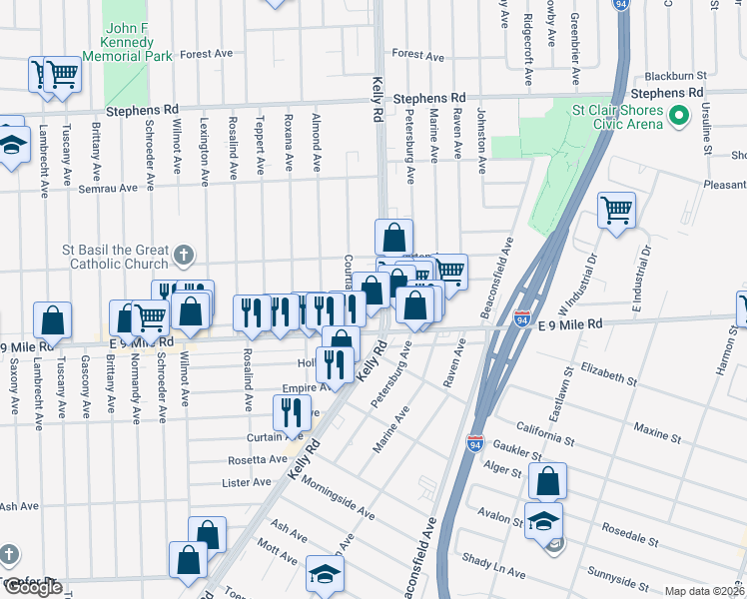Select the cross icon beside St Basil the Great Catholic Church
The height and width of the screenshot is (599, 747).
tap(183, 256)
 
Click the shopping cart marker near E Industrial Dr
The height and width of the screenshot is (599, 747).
tap(617, 210)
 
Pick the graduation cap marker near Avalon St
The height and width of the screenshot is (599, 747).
tap(544, 520)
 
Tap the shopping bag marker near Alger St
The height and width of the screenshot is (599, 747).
tap(548, 480)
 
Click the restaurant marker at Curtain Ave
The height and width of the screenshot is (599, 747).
tap(292, 410)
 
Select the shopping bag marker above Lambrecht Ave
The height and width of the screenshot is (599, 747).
tap(52, 319)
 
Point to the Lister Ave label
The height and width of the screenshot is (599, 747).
tap(247, 482)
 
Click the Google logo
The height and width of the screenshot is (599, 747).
tap(33, 587)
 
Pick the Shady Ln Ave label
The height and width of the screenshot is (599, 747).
tap(491, 566)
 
